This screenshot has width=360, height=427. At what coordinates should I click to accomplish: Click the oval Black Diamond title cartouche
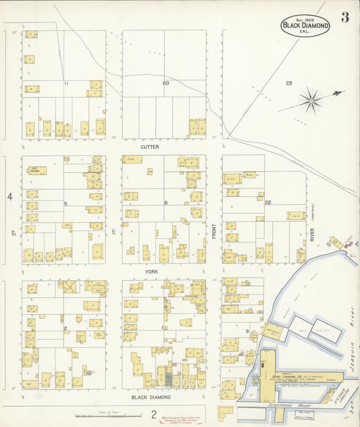pyautogui.click(x=305, y=26)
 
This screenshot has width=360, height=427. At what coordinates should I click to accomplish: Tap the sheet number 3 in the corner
pyautogui.click(x=344, y=18)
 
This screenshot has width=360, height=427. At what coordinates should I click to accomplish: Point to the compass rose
pyautogui.click(x=311, y=101)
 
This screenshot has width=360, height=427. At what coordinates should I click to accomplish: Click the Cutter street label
pyautogui.click(x=150, y=146)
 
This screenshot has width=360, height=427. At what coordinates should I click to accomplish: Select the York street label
pyautogui.click(x=150, y=270)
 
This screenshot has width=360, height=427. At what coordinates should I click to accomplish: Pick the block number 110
pyautogui.click(x=165, y=83)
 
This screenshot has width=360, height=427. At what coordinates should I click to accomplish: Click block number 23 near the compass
pyautogui.click(x=288, y=83)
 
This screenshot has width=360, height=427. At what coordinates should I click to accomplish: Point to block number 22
pyautogui.click(x=268, y=203)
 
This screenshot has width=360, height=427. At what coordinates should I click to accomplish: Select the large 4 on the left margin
pyautogui.click(x=10, y=197)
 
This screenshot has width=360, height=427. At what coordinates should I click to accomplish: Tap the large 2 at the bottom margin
pyautogui.click(x=154, y=414)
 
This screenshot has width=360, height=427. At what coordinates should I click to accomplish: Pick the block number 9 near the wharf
pyautogui.click(x=247, y=331)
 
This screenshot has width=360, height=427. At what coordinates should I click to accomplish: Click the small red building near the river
pyautogui.click(x=349, y=244)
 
